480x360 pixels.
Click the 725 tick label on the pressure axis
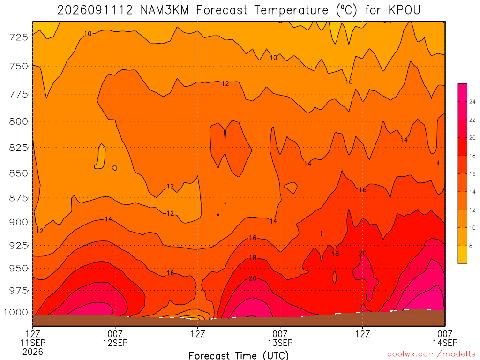pos(19,37)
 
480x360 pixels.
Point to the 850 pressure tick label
pos(19,173)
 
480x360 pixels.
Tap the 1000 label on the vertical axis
pos(15,313)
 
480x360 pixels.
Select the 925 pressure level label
pos(19,246)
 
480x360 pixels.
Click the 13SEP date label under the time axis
pos(280,343)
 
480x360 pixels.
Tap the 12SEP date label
pos(115,343)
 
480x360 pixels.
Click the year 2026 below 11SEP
pos(33,352)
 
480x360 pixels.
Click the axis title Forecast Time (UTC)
pos(239,355)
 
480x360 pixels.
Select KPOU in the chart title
pos(405,10)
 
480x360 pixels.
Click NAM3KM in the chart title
pos(165,10)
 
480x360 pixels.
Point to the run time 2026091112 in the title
pos(95,10)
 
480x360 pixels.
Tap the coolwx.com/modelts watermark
pos(431,354)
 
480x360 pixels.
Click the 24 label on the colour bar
pos(472,102)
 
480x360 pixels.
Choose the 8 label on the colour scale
pos(471,246)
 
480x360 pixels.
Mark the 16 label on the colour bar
pos(472,173)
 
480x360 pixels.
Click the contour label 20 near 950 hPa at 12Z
pos(363,253)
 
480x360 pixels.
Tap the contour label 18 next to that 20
pos(335,254)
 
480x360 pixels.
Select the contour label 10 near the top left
pos(88,34)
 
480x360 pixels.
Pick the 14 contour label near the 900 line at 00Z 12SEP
pos(108,219)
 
